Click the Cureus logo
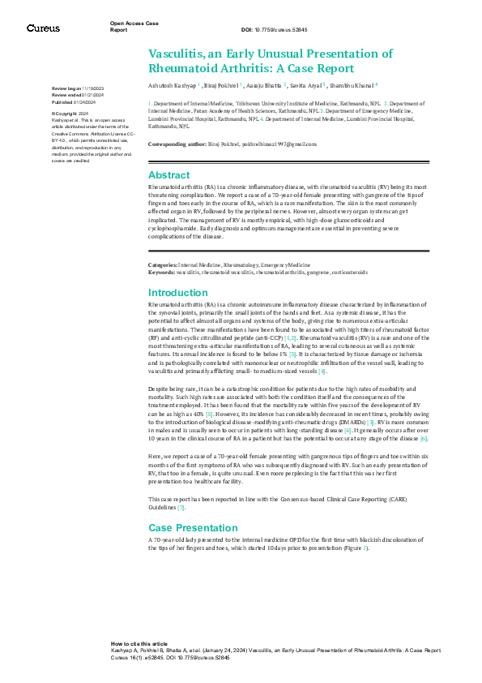tap(42, 28)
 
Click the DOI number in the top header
tap(283, 30)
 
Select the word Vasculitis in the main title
tap(176, 54)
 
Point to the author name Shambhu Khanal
tap(352, 84)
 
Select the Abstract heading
tap(168, 175)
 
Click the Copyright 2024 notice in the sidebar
tap(73, 113)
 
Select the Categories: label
tap(162, 265)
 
